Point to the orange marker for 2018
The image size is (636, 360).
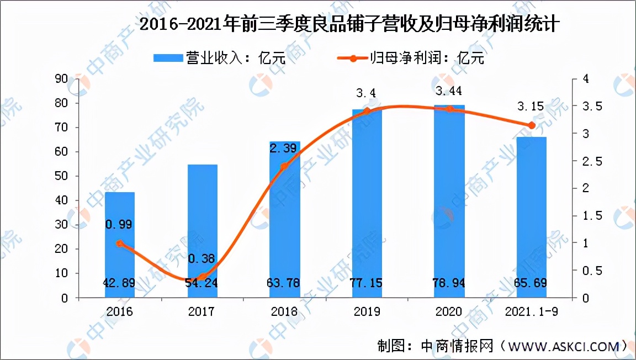point(285,166)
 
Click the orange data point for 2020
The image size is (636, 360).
point(449,109)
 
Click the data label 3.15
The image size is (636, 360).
point(530,106)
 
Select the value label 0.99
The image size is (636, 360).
point(119,224)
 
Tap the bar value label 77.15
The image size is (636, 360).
point(367,283)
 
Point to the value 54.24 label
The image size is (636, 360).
point(202,283)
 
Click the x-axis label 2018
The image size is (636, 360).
point(285,312)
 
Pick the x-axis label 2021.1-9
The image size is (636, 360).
point(532,312)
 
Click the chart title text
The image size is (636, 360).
point(349,25)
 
